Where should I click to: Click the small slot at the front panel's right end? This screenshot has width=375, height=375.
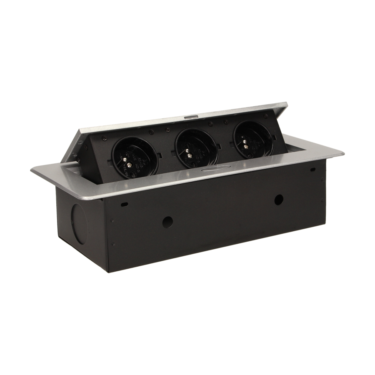tap(312, 170)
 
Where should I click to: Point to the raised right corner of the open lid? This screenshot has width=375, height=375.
tap(288, 104)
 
